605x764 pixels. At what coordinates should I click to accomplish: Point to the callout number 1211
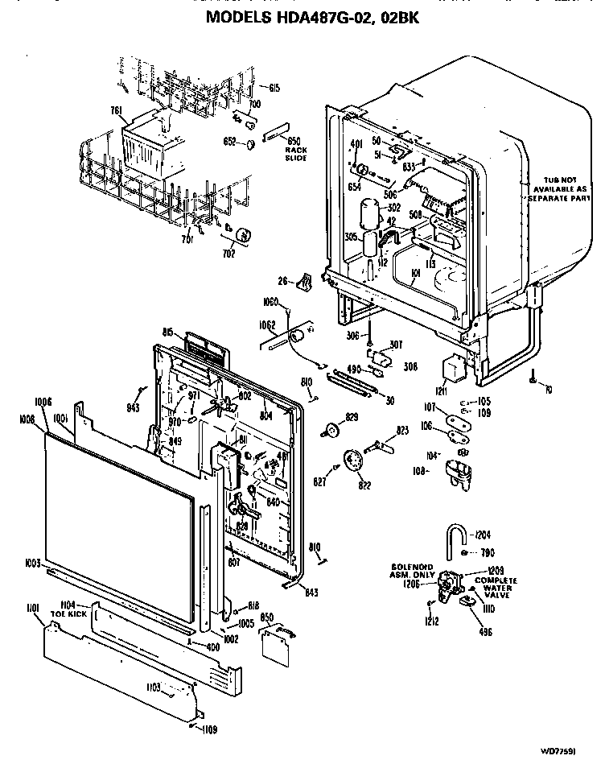tap(441, 392)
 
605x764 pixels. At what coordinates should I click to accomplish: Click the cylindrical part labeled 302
tap(370, 212)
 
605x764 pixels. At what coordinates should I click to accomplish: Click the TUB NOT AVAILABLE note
tap(554, 188)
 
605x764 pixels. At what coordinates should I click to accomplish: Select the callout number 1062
tap(268, 326)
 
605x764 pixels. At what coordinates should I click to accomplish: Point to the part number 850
tap(268, 618)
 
